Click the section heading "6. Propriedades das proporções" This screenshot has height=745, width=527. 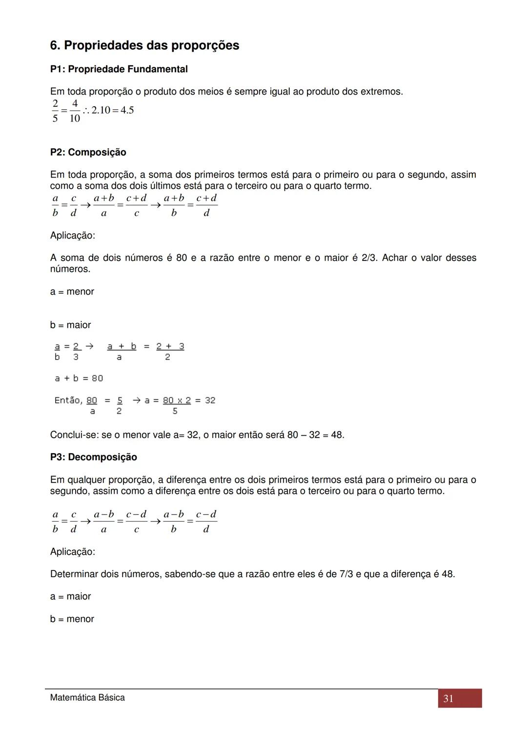coord(144,45)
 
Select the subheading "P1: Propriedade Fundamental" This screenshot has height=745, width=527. coord(119,69)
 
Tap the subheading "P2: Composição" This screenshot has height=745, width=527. coord(88,152)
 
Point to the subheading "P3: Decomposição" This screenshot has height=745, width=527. coord(93,457)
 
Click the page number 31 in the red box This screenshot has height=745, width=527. coord(448,699)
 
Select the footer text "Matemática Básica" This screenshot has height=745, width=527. coord(87,698)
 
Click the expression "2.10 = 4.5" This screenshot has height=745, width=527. coord(112,110)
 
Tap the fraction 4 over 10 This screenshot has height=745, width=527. coord(75,111)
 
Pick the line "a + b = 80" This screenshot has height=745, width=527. coord(79,378)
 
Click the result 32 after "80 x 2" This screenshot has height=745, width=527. coord(210,401)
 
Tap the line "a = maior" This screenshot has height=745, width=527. coord(70,596)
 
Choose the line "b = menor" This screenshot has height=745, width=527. coord(72,619)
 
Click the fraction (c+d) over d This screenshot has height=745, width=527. coord(206,205)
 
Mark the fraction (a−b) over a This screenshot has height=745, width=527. coord(104,522)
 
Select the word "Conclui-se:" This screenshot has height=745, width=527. coord(74,435)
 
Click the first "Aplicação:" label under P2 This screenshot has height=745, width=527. coord(72,236)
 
